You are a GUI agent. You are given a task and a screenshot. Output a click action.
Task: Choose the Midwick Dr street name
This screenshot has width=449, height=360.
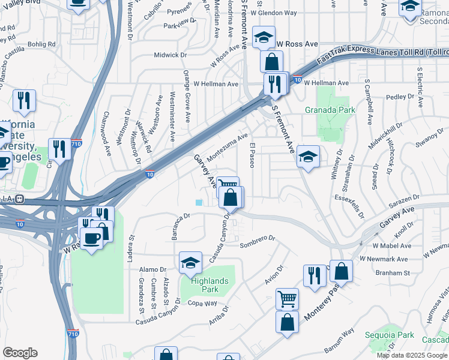pos(166,55)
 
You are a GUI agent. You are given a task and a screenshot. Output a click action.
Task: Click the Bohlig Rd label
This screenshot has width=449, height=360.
pos(41,44)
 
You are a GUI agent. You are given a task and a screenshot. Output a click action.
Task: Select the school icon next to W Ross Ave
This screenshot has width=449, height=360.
pos(264,37)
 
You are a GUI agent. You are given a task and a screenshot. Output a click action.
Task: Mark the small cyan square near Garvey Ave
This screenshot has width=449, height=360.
pos(199,202)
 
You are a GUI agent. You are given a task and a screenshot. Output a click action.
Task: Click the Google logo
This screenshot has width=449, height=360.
pos(20,353)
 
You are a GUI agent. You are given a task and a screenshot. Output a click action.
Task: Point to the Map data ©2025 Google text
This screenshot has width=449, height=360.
pos(412,355)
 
